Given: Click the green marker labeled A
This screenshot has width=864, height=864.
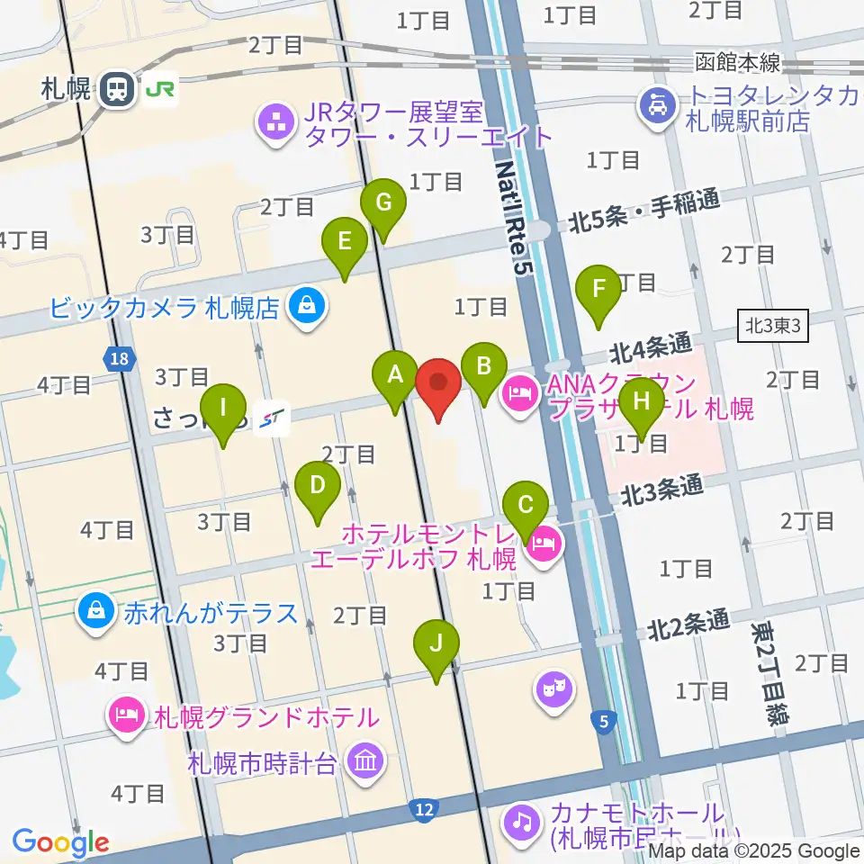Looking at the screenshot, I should pos(394,378).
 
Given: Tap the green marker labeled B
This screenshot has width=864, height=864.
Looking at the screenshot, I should pos(483,369).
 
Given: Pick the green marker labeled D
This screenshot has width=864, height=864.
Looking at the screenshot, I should pos(318,489).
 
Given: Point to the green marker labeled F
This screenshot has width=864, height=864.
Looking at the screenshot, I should pos(598,292).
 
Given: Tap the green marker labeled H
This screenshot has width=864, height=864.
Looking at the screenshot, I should pos(641,400).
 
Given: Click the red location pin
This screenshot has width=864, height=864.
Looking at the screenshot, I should pos(439,385).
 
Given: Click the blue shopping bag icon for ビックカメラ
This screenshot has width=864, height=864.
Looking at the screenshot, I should pos(307,308).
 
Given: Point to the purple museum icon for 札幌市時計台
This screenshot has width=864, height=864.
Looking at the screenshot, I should pos(366,761).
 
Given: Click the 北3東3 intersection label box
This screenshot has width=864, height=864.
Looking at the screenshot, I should pos(772,326).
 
